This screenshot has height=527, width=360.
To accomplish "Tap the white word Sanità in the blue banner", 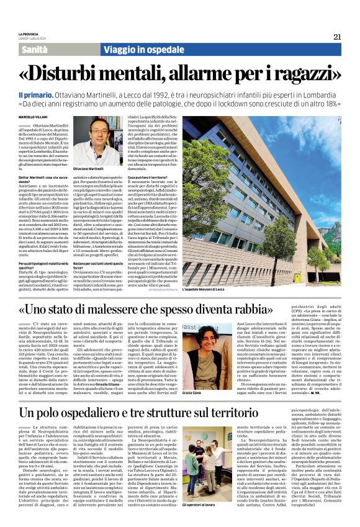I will tap(38, 49).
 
